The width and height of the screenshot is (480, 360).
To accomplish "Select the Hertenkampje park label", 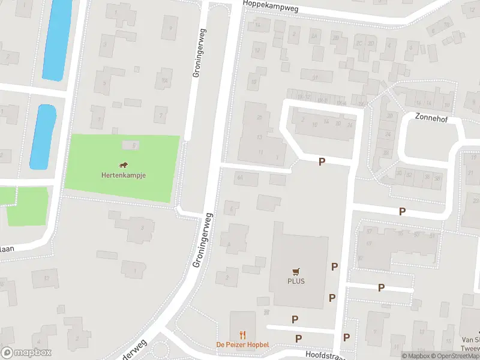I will [x=124, y=175].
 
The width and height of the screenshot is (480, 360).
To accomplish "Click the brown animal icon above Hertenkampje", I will [x=123, y=165].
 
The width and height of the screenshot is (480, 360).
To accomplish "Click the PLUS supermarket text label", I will [x=295, y=281].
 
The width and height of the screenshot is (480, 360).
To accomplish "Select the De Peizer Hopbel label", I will [x=242, y=344].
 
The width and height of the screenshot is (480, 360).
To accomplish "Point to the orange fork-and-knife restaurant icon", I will [x=242, y=335].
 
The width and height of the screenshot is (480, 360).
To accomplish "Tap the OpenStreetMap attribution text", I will [x=455, y=356].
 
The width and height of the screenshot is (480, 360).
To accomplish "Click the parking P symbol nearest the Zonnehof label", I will [x=402, y=211].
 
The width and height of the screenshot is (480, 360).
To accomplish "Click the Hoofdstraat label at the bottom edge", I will [x=322, y=355].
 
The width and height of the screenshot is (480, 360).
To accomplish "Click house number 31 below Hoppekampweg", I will [x=314, y=77].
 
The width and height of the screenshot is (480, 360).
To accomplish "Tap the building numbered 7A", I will [x=162, y=79].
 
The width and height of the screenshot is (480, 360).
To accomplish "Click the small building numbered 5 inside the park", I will [x=133, y=145].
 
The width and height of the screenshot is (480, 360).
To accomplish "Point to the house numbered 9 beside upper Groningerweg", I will [x=171, y=27].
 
